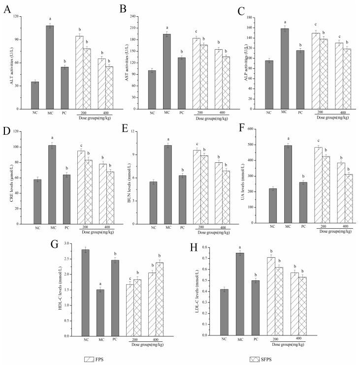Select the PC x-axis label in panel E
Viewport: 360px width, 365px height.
(x=182, y=228)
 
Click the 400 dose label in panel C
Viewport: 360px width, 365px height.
(x=339, y=113)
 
